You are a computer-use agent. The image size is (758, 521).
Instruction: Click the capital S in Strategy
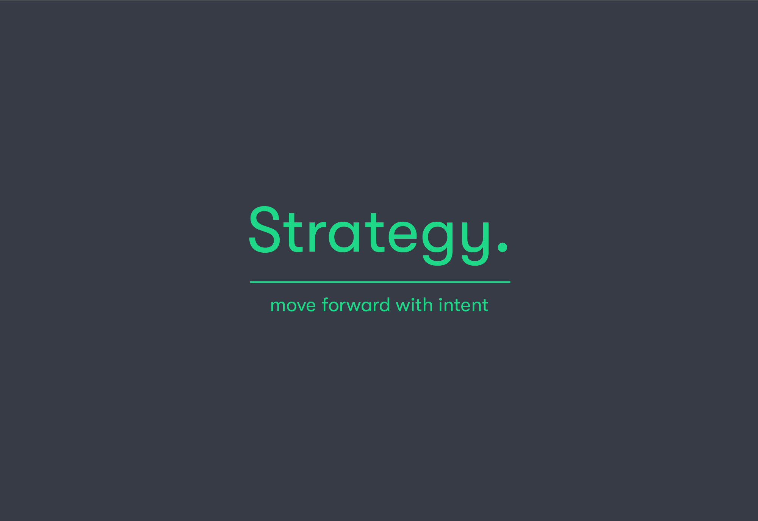(264, 230)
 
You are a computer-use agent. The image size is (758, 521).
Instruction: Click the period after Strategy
(503, 247)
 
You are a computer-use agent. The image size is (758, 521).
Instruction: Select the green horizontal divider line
(380, 282)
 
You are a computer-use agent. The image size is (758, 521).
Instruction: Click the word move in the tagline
(293, 306)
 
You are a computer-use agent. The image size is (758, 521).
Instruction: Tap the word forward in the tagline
(356, 305)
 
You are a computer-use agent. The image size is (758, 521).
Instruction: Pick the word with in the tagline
(414, 305)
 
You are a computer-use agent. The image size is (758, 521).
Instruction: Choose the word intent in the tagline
(464, 305)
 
